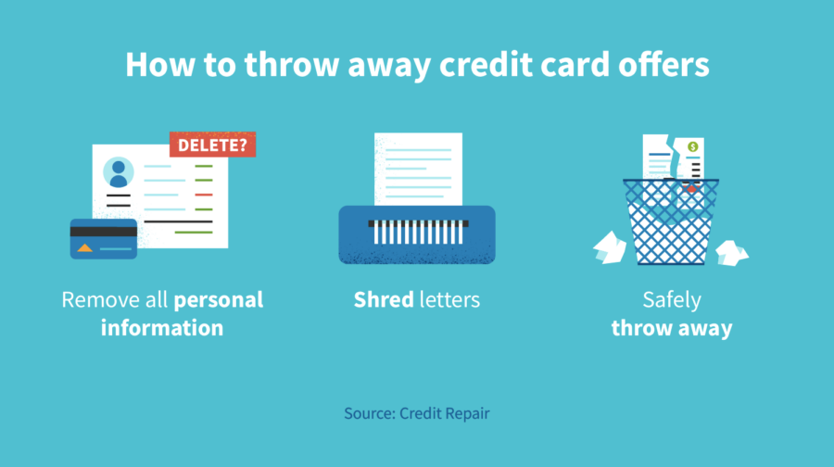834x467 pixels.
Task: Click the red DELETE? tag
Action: click(212, 144)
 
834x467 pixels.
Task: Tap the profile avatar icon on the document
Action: click(118, 172)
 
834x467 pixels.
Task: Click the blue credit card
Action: click(104, 239)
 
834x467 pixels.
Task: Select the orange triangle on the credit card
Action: click(85, 247)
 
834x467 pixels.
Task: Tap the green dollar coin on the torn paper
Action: click(691, 146)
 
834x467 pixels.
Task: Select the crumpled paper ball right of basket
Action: click(730, 250)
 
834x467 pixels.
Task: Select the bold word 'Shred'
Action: click(383, 300)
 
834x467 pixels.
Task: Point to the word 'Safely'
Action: click(672, 300)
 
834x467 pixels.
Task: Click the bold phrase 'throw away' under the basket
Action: click(672, 328)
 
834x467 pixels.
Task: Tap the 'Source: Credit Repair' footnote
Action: click(417, 413)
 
